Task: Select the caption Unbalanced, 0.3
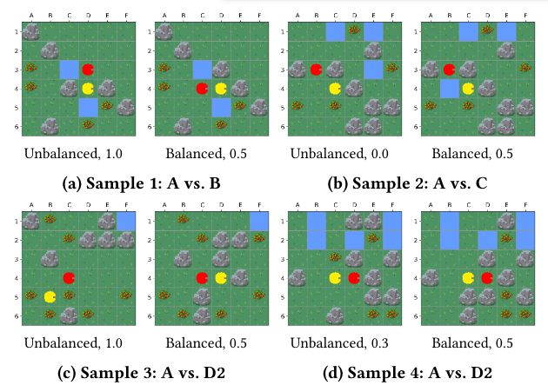pos(336,343)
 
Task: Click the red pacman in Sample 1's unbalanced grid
pos(88,69)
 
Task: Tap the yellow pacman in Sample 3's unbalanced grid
pos(50,296)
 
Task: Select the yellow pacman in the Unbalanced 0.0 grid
pos(335,88)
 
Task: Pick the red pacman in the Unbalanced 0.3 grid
pos(354,278)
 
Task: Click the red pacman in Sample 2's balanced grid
pos(449,69)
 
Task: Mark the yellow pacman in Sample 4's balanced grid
pos(468,278)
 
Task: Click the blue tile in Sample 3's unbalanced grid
pos(126,221)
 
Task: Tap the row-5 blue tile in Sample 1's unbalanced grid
pos(88,107)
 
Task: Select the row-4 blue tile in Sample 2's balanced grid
pos(449,88)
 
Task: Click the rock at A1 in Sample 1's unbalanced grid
pos(30,31)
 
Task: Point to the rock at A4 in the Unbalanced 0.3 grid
pos(297,278)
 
